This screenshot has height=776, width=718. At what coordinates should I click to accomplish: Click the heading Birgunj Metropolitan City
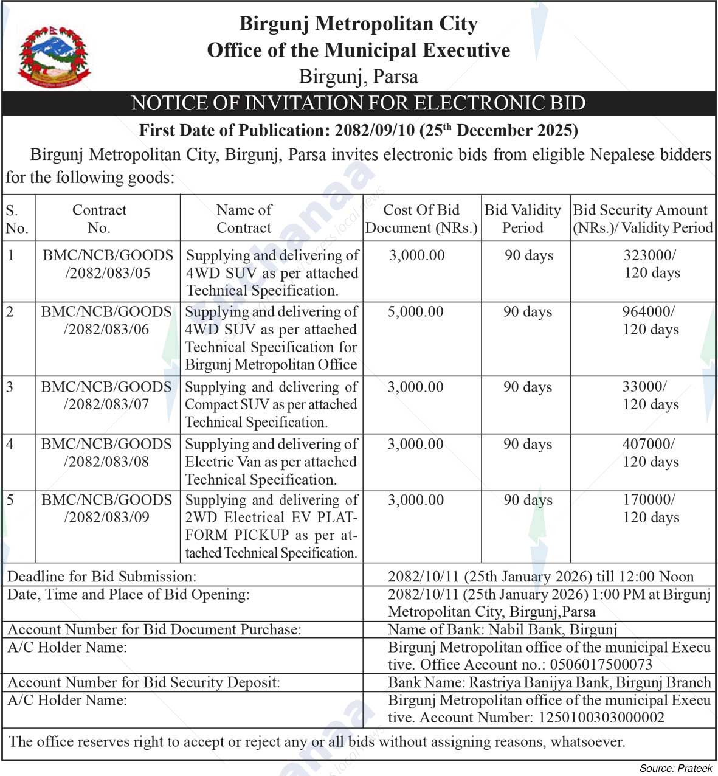pyautogui.click(x=358, y=24)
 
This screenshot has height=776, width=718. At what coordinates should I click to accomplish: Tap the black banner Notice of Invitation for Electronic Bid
pyautogui.click(x=358, y=103)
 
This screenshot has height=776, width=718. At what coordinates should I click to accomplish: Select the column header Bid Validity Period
pyautogui.click(x=522, y=218)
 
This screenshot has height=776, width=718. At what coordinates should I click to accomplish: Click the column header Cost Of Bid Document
pyautogui.click(x=421, y=218)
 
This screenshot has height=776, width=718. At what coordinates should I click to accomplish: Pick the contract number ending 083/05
pyautogui.click(x=107, y=264)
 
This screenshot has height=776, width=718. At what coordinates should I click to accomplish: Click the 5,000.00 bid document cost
pyautogui.click(x=415, y=312)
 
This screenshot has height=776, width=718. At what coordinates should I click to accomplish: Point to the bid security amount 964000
pyautogui.click(x=647, y=312)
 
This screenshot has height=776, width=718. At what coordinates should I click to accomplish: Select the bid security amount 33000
pyautogui.click(x=644, y=387)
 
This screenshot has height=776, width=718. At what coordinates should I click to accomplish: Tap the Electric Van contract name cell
pyautogui.click(x=271, y=462)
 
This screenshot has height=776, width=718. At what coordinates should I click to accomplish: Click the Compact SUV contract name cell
pyautogui.click(x=271, y=404)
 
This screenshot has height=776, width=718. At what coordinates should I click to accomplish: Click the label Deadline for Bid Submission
pyautogui.click(x=102, y=577)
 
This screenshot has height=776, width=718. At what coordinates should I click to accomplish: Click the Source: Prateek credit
pyautogui.click(x=675, y=769)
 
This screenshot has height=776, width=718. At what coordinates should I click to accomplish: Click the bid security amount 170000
pyautogui.click(x=648, y=500)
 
